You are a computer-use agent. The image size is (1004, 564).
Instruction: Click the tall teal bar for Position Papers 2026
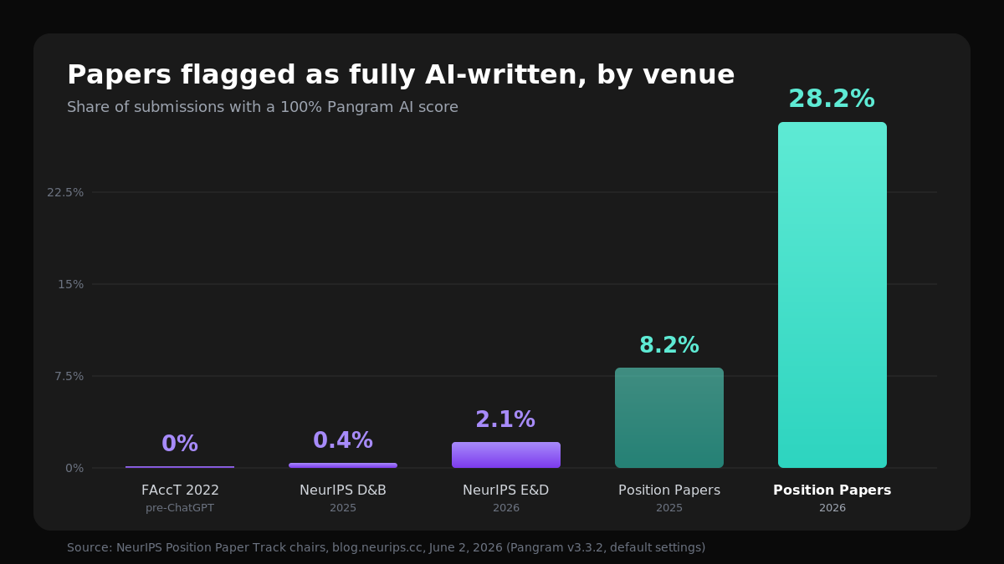[x=832, y=295]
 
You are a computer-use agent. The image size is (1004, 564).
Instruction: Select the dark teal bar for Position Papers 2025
[x=669, y=418]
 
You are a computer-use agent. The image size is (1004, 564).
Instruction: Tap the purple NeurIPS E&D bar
[x=506, y=455]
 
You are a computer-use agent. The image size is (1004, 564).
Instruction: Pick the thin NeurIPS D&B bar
[x=343, y=465]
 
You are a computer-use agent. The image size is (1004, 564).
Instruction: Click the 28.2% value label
[x=832, y=99]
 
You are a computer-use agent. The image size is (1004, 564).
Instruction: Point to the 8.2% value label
[x=669, y=344]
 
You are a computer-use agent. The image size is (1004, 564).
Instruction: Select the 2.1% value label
[x=505, y=419]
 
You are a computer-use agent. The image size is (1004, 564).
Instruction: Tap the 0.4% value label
[x=343, y=440]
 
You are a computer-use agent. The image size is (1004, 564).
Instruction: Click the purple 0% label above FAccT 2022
[x=180, y=443]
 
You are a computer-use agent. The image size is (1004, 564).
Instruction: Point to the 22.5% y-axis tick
[x=65, y=192]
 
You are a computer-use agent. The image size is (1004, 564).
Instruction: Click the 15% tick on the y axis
[x=71, y=284]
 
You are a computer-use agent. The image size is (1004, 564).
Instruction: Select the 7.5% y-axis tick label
[x=69, y=376]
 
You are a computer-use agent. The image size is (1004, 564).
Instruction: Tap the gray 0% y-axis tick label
[x=74, y=468]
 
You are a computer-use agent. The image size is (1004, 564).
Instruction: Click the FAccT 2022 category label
[x=180, y=490]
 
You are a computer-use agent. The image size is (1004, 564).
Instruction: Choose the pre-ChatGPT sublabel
[x=180, y=508]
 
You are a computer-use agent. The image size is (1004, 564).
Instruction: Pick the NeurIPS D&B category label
[x=343, y=490]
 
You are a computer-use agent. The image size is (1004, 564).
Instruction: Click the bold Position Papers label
[x=832, y=490]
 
